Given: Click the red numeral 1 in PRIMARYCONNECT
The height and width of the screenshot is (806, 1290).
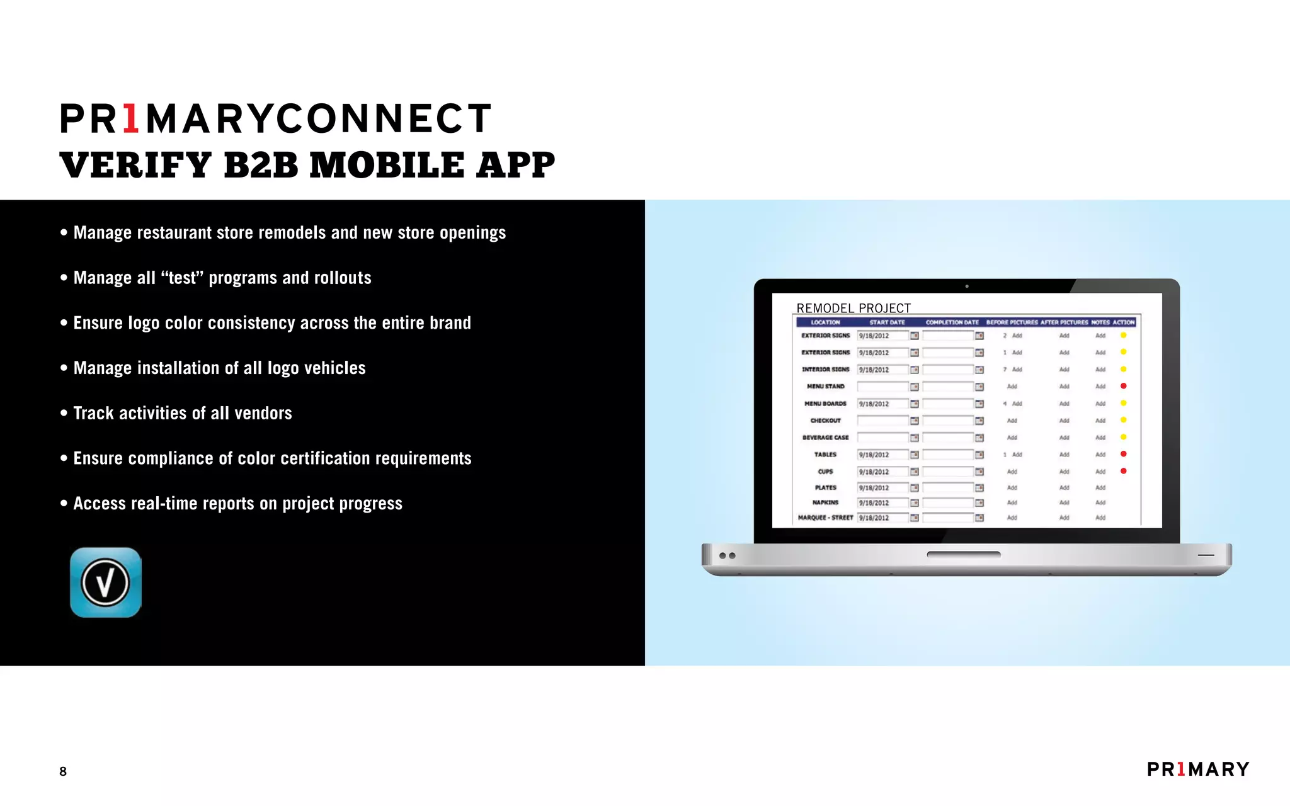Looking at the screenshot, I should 131,119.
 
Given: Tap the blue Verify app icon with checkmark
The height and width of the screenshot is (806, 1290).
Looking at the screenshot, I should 106,582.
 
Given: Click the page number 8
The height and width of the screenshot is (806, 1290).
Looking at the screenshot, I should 63,771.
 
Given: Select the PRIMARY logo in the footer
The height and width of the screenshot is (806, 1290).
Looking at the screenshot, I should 1198,769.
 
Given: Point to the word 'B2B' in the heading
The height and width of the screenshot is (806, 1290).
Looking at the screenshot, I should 261,165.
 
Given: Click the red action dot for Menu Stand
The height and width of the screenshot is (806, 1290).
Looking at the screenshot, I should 1123,386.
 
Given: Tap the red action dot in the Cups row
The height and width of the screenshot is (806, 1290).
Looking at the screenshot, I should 1123,471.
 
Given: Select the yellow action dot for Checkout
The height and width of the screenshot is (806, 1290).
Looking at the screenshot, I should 1123,420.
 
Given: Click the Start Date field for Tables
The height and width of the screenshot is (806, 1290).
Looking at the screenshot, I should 882,455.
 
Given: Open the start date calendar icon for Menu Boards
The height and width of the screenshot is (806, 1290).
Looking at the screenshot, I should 915,404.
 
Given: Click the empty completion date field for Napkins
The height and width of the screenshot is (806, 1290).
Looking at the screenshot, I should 948,502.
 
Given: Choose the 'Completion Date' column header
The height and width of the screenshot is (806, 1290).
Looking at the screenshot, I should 952,322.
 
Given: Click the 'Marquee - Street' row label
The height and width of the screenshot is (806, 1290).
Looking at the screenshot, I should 825,518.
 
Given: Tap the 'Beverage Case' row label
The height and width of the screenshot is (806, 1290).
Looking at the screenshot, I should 825,438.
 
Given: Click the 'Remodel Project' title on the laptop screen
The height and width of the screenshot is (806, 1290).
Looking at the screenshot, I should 853,308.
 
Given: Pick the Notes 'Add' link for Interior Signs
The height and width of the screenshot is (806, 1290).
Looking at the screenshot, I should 1100,370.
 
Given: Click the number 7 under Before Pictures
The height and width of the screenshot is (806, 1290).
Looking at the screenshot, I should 1005,370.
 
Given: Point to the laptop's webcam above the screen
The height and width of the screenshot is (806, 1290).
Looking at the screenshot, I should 967,287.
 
